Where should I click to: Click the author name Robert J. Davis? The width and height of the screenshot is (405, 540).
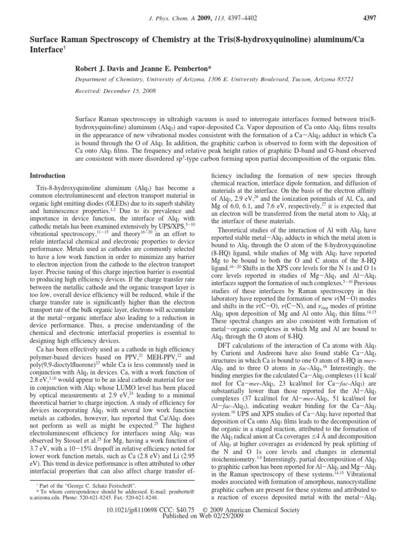tap(103, 69)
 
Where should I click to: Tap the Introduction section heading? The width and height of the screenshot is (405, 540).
tap(47, 176)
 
